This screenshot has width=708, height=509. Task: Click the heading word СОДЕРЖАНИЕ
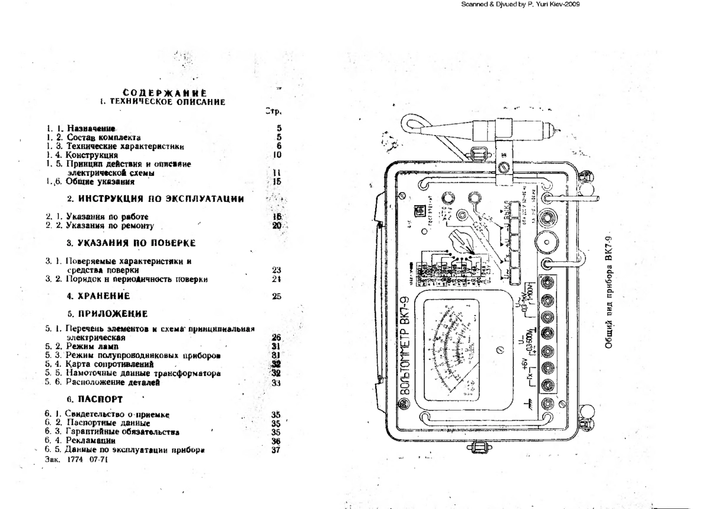tap(165, 93)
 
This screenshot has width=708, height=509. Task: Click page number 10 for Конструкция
tap(277, 155)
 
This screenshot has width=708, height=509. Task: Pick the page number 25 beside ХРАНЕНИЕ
tap(277, 296)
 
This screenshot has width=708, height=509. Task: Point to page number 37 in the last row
tap(276, 451)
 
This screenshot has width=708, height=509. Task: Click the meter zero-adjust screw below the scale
tap(500, 350)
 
